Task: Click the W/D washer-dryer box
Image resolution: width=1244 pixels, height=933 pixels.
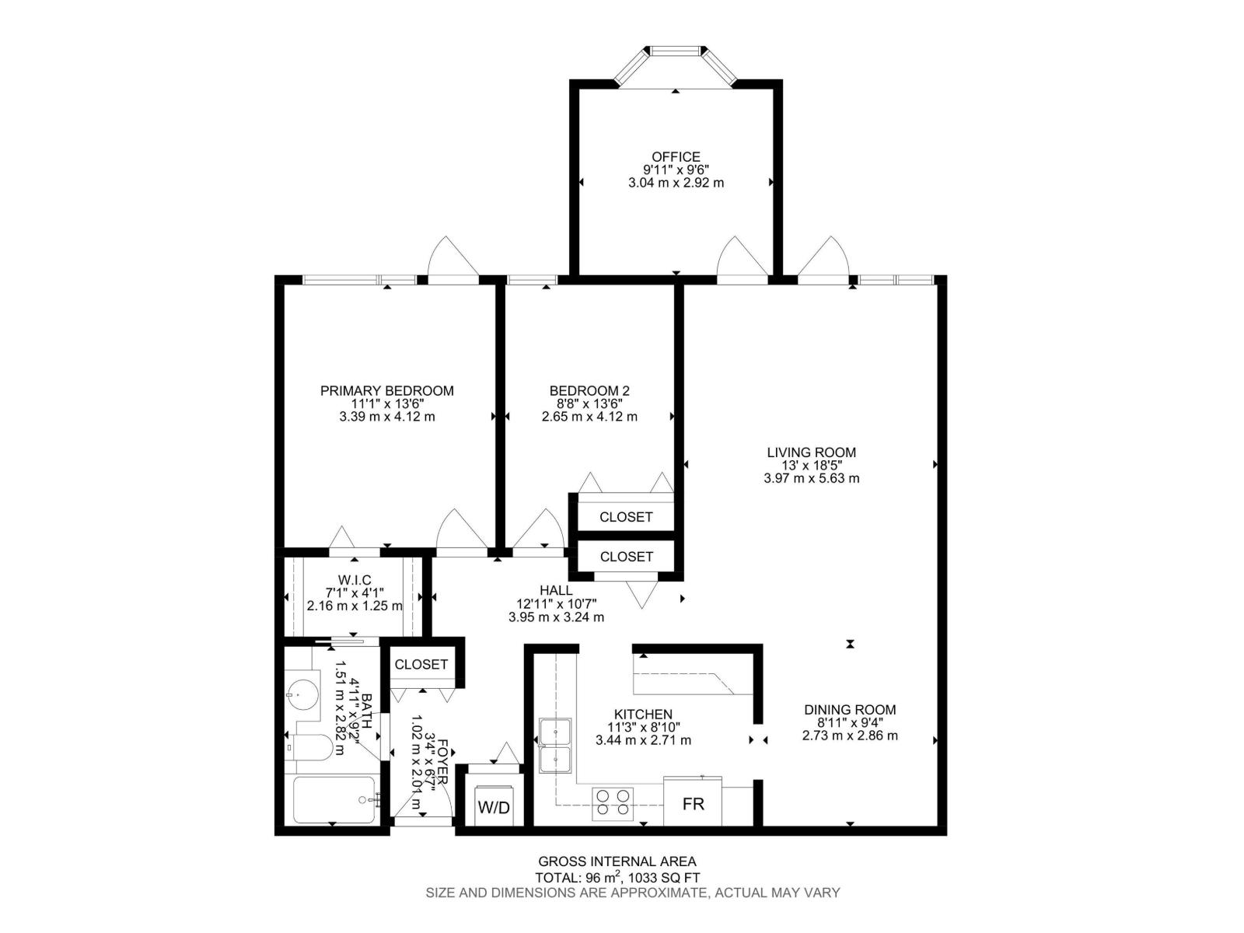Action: click(x=494, y=807)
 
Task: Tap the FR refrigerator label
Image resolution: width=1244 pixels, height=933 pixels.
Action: click(x=693, y=804)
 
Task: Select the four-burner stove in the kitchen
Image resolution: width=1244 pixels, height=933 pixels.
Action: click(x=613, y=803)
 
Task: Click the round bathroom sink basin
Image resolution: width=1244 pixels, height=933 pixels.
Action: click(x=302, y=690)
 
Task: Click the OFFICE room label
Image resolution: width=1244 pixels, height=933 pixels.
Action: click(x=676, y=156)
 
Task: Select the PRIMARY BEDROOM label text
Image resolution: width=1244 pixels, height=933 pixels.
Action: click(x=386, y=390)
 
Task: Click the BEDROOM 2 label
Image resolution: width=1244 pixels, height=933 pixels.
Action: click(x=589, y=390)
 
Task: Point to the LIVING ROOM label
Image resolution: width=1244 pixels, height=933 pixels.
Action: click(x=811, y=452)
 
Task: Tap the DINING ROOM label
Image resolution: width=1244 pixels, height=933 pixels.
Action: click(x=850, y=709)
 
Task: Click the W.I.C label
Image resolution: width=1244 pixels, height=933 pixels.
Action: click(x=355, y=579)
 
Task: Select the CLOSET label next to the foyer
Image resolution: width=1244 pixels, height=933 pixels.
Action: click(x=421, y=664)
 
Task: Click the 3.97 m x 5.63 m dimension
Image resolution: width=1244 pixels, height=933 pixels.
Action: click(x=811, y=478)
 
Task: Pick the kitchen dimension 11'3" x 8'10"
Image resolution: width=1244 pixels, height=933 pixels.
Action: click(x=643, y=727)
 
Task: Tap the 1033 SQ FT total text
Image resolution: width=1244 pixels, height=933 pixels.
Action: click(x=659, y=877)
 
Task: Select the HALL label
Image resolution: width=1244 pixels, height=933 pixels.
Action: click(x=556, y=590)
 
